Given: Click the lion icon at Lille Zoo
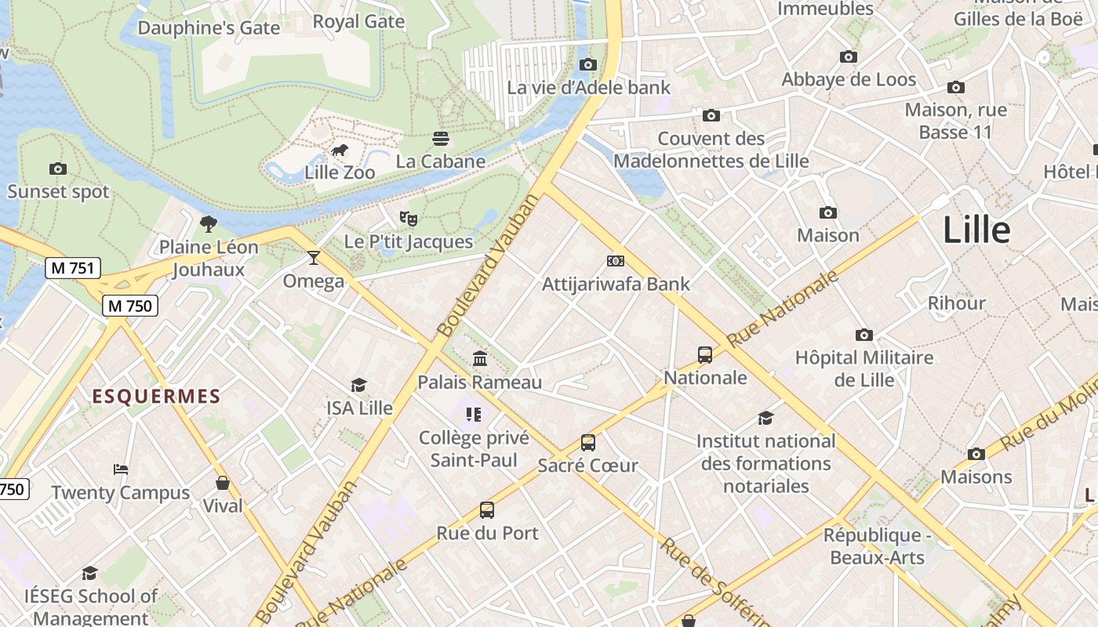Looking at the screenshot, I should [339, 150].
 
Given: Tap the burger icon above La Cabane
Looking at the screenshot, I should [441, 140].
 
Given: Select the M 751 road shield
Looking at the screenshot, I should [73, 268].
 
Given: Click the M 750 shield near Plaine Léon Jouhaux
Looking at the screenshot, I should [130, 306].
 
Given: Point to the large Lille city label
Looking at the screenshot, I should [976, 230].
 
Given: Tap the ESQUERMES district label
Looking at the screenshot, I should [156, 397].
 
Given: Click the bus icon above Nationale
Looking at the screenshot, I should [705, 355].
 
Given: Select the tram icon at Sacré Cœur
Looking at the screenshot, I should [588, 443].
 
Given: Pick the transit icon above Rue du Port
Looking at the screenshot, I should [487, 510].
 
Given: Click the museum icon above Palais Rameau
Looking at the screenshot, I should [480, 359].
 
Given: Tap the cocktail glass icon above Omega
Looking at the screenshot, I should [314, 258].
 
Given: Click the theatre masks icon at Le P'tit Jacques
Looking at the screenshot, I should [408, 218].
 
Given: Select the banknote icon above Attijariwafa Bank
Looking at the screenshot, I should [616, 261].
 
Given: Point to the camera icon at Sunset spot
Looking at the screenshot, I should [57, 169].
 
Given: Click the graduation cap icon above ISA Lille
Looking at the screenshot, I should [359, 385].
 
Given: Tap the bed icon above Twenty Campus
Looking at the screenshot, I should [121, 469].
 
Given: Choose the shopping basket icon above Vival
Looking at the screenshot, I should [223, 483].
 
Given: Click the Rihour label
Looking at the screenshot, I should [956, 303].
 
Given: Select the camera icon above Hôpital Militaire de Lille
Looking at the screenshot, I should [863, 335].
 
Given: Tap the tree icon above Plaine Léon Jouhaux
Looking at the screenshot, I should [208, 224].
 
